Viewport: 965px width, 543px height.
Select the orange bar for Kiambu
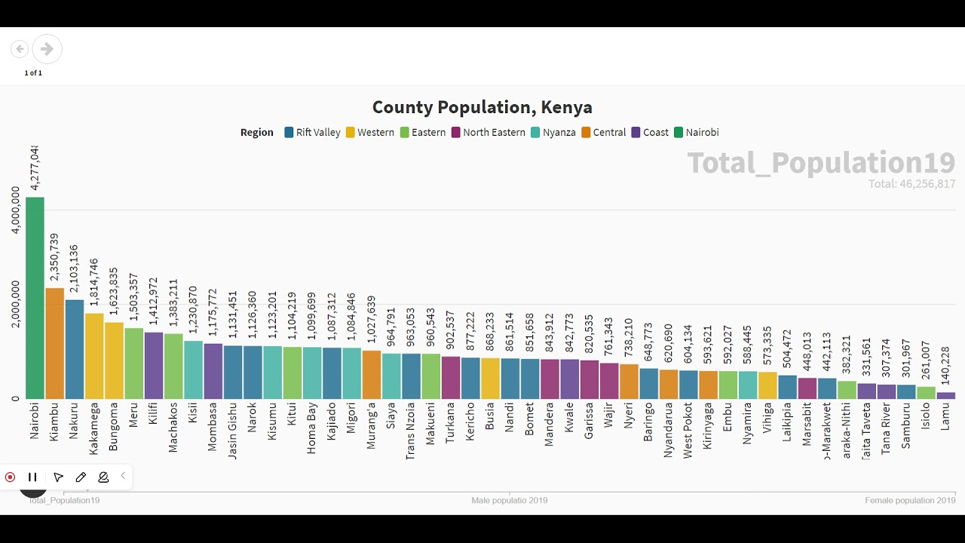click(x=54, y=343)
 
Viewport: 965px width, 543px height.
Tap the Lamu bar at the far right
click(x=945, y=395)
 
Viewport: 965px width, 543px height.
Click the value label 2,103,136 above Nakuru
click(x=74, y=269)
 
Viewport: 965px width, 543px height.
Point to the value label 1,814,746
click(x=93, y=286)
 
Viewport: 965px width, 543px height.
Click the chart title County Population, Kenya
click(x=482, y=108)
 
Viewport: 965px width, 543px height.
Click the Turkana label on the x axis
click(x=450, y=423)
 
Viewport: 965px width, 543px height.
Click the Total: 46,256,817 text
click(x=911, y=184)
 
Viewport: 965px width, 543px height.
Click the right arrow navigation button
click(x=47, y=49)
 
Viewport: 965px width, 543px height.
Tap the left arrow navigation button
click(x=20, y=49)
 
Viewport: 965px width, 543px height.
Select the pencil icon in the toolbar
click(x=81, y=477)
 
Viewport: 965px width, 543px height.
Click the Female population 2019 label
click(x=910, y=501)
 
